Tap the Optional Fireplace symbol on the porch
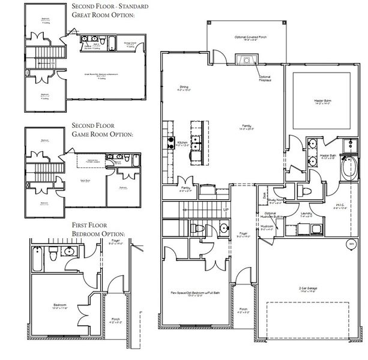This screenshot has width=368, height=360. point(246,59)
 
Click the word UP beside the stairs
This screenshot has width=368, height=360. point(226,210)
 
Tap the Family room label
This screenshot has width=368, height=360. point(246,127)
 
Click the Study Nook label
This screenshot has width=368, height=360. point(276,202)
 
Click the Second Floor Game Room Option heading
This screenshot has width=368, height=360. point(103,130)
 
